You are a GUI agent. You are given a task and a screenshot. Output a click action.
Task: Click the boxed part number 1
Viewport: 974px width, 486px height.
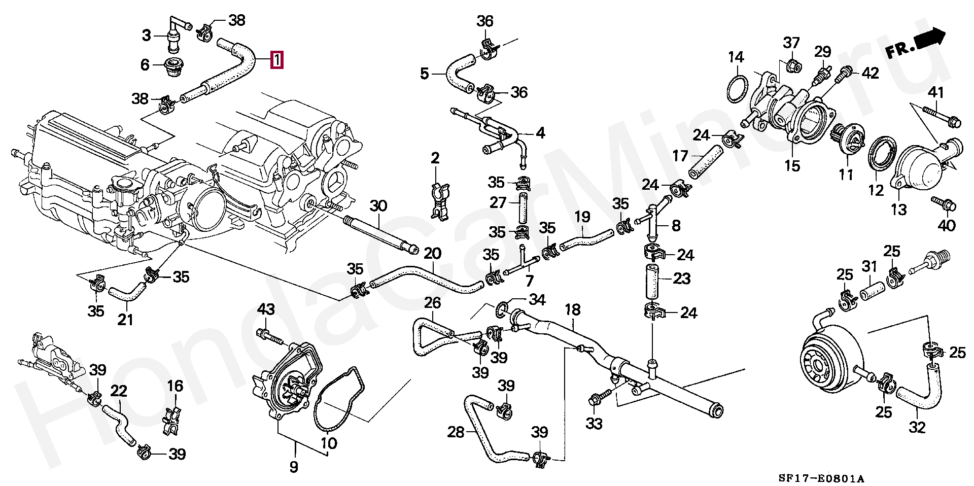tap(276, 60)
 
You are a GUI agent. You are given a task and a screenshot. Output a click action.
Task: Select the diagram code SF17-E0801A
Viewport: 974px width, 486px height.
tap(821, 478)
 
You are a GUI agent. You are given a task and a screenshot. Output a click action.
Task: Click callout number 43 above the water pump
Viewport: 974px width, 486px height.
tap(266, 309)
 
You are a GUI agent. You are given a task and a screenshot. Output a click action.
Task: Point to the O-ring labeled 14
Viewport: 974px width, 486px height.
tap(737, 90)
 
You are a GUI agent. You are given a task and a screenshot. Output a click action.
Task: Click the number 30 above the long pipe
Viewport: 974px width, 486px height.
tap(378, 206)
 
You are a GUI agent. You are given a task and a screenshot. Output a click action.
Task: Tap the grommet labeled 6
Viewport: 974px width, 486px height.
tap(174, 68)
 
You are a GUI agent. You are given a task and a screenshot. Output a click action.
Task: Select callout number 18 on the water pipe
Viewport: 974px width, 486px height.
tap(572, 310)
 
